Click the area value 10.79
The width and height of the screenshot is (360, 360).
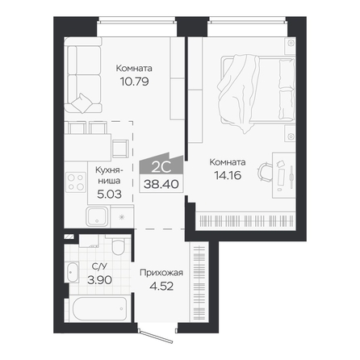134,82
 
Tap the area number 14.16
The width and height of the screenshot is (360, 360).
228,175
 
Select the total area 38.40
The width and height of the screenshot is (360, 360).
161,184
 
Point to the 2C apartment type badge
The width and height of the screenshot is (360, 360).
161,163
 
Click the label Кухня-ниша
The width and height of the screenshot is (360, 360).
109,175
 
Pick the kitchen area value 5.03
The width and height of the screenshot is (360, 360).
109,194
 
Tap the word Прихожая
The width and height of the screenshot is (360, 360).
161,273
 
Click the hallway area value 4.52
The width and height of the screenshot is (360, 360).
161,286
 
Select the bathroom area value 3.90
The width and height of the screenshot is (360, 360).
99,280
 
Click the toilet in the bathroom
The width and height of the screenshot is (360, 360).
118,245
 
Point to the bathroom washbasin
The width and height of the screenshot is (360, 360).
71,272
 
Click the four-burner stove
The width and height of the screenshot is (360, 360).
76,182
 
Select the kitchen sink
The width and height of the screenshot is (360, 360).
98,216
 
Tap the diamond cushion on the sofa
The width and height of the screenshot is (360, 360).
82,103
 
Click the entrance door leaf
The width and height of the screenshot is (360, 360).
156,337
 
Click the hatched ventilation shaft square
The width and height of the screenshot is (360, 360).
69,237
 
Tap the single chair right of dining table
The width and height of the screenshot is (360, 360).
120,149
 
